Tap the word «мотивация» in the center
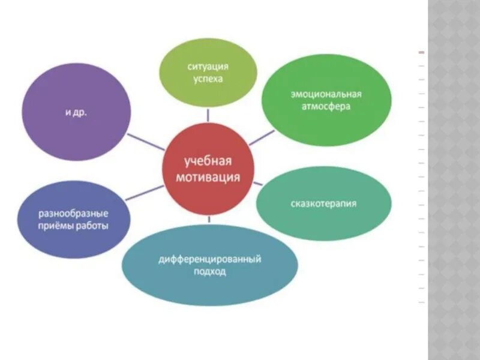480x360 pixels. pos(207,177)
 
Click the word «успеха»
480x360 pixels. pos(208,79)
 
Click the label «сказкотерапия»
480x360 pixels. pos(325,203)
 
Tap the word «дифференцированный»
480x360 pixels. pos(209,260)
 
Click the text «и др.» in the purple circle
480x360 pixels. pos(77,112)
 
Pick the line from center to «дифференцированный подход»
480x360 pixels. pos(208,220)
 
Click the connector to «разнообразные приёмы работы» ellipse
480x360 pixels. pos(144,193)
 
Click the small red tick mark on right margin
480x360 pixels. pos(421,52)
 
